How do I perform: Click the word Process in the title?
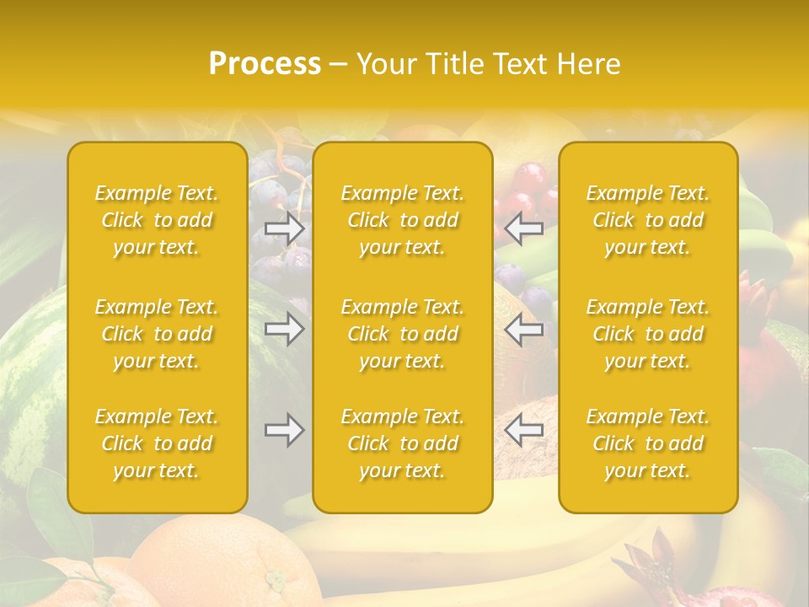pos(265,64)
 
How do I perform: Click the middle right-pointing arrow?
pos(284,329)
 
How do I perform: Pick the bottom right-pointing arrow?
pos(284,430)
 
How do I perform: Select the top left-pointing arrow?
pos(524,228)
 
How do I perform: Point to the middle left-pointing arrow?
pos(524,329)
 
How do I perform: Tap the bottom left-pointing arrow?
pos(524,430)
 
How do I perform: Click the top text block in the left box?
pos(157,220)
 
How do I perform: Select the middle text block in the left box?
pos(157,334)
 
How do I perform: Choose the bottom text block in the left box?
pos(157,443)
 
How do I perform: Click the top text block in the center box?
pos(403,220)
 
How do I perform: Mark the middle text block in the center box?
pos(403,334)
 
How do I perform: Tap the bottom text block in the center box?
pos(403,443)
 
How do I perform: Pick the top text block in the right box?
pos(648,220)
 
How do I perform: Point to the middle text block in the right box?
pos(648,334)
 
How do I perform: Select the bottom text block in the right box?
pos(648,443)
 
